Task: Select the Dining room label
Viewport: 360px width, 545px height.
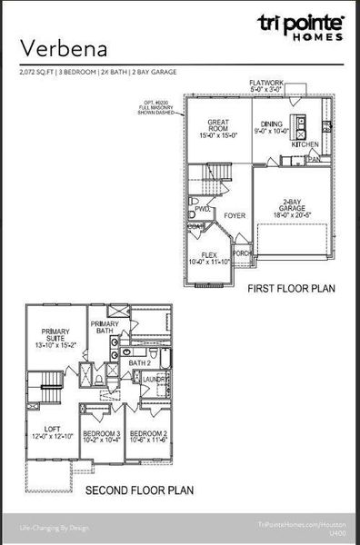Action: point(272,126)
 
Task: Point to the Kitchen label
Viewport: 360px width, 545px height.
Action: point(305,144)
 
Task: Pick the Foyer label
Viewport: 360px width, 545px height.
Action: point(235,216)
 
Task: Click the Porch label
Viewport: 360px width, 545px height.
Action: point(243,253)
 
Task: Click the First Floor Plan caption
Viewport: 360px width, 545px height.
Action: point(291,289)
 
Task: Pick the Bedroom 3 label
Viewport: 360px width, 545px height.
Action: point(101,437)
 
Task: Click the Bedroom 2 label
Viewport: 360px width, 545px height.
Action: point(147,437)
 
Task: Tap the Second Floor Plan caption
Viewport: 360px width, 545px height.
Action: point(139,490)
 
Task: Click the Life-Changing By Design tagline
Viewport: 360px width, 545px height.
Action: point(54,526)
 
